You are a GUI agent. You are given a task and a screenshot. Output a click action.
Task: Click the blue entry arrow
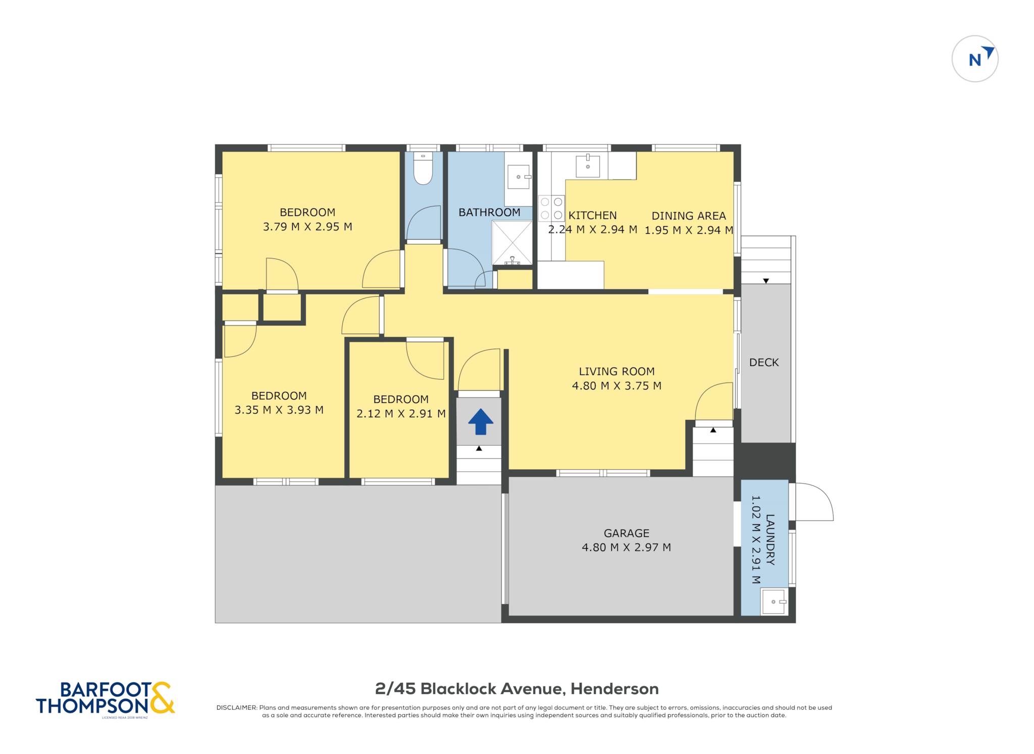pos(480,421)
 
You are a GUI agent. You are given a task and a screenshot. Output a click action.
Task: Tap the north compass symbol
pos(974,59)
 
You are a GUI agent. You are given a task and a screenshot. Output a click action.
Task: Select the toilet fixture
pos(423,168)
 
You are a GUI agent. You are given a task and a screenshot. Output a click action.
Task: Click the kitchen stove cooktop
pos(551,208)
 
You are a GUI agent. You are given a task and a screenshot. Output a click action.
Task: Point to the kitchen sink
pos(588,166)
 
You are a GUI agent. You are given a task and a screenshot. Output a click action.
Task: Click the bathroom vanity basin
pos(519,176)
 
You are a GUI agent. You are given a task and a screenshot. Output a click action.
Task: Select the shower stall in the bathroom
pos(512,243)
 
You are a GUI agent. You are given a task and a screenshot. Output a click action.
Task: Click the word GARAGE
pos(626,533)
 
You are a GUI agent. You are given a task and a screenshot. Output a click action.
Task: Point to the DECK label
pos(763,362)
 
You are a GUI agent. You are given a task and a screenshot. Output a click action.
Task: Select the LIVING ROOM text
pos(616,371)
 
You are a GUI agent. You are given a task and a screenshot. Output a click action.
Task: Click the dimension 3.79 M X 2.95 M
pos(307,227)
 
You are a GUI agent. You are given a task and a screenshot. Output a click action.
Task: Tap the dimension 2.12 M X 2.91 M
pos(401,414)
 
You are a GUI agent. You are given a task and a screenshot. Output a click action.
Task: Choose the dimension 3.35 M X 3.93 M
pos(279,410)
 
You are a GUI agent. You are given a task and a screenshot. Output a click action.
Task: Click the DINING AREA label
pos(689,216)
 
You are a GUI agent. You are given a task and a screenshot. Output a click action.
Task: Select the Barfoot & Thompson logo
pos(105,699)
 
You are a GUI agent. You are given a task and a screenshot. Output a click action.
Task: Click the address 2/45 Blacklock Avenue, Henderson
pos(516,689)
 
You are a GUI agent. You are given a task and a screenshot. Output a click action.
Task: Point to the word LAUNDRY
pos(770,540)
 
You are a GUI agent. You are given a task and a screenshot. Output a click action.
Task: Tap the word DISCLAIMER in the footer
pos(236,708)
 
